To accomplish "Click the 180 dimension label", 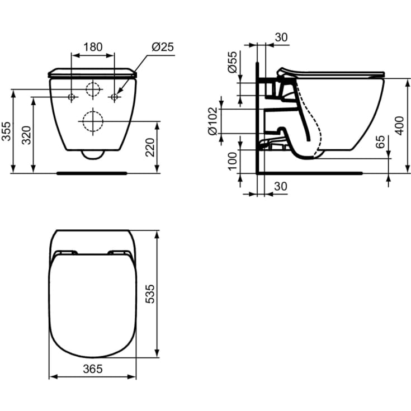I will [93, 47].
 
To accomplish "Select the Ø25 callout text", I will [163, 47].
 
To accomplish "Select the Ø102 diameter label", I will [212, 121].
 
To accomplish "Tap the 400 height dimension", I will [398, 125].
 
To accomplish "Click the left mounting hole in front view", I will [72, 97].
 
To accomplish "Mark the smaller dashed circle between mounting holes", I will [93, 89].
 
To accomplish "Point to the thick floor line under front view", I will [93, 173].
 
